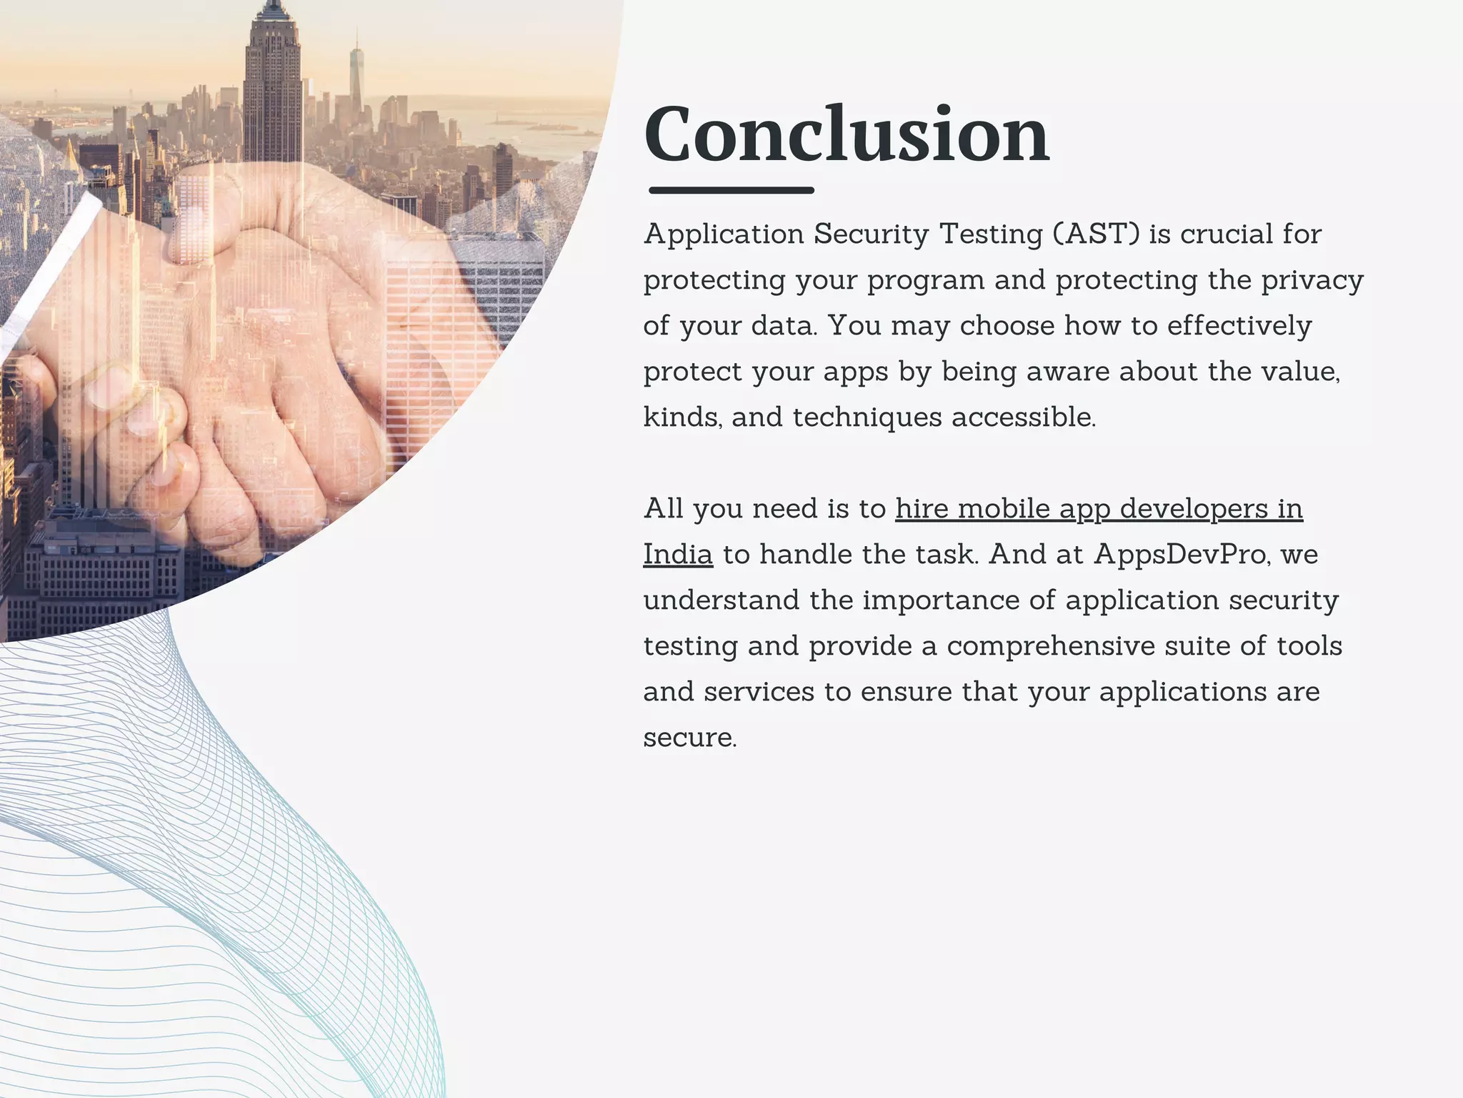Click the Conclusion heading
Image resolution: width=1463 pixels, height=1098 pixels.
click(847, 134)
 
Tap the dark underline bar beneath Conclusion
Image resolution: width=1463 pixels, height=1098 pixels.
click(731, 190)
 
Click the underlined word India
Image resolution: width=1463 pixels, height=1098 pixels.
click(677, 555)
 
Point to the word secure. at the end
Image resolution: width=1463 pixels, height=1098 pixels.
click(689, 738)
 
